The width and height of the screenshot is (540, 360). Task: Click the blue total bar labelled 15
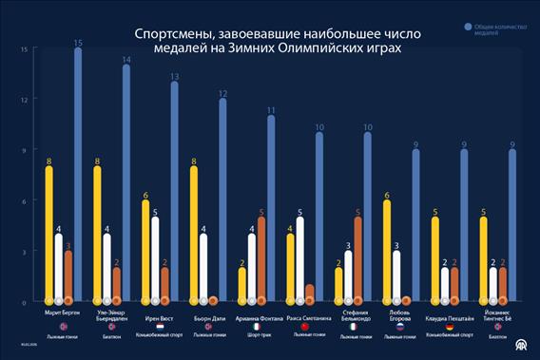click(78, 176)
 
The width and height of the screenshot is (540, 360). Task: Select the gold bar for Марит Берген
click(48, 234)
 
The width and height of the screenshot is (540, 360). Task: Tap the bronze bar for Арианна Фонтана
click(261, 259)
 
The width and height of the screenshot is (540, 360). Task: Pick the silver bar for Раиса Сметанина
click(299, 259)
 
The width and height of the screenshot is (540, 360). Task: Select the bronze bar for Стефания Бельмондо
click(358, 259)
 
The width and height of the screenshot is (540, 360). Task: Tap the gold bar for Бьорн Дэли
click(194, 234)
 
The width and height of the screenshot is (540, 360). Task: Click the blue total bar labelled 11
click(271, 209)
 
